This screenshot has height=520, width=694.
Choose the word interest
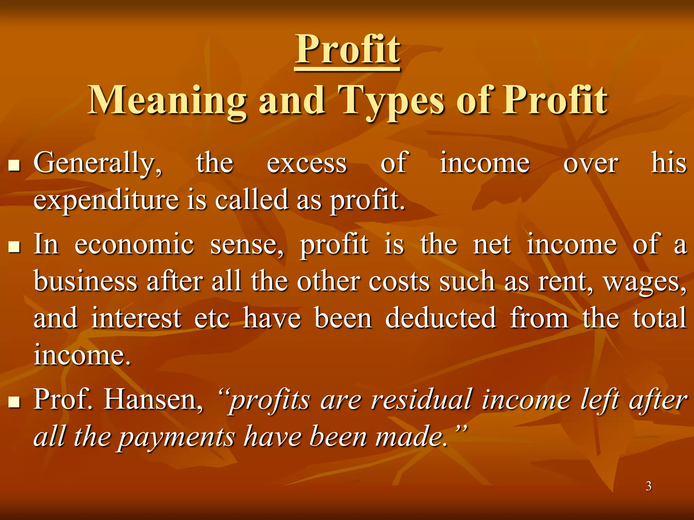[x=136, y=318]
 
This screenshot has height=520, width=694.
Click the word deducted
[x=441, y=318]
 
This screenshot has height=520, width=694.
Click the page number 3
[x=648, y=486]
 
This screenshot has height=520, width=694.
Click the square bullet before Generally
[x=14, y=166]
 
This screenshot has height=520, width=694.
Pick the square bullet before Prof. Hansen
[x=14, y=402]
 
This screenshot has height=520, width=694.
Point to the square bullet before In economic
[x=14, y=247]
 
